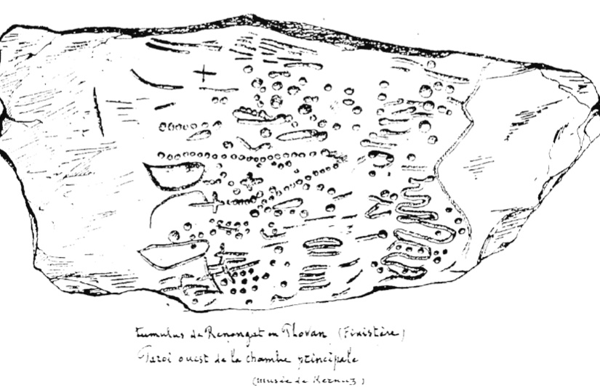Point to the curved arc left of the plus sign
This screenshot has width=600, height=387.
154,80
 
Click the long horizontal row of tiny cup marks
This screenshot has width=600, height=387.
240,155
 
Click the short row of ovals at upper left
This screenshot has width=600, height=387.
182,127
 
